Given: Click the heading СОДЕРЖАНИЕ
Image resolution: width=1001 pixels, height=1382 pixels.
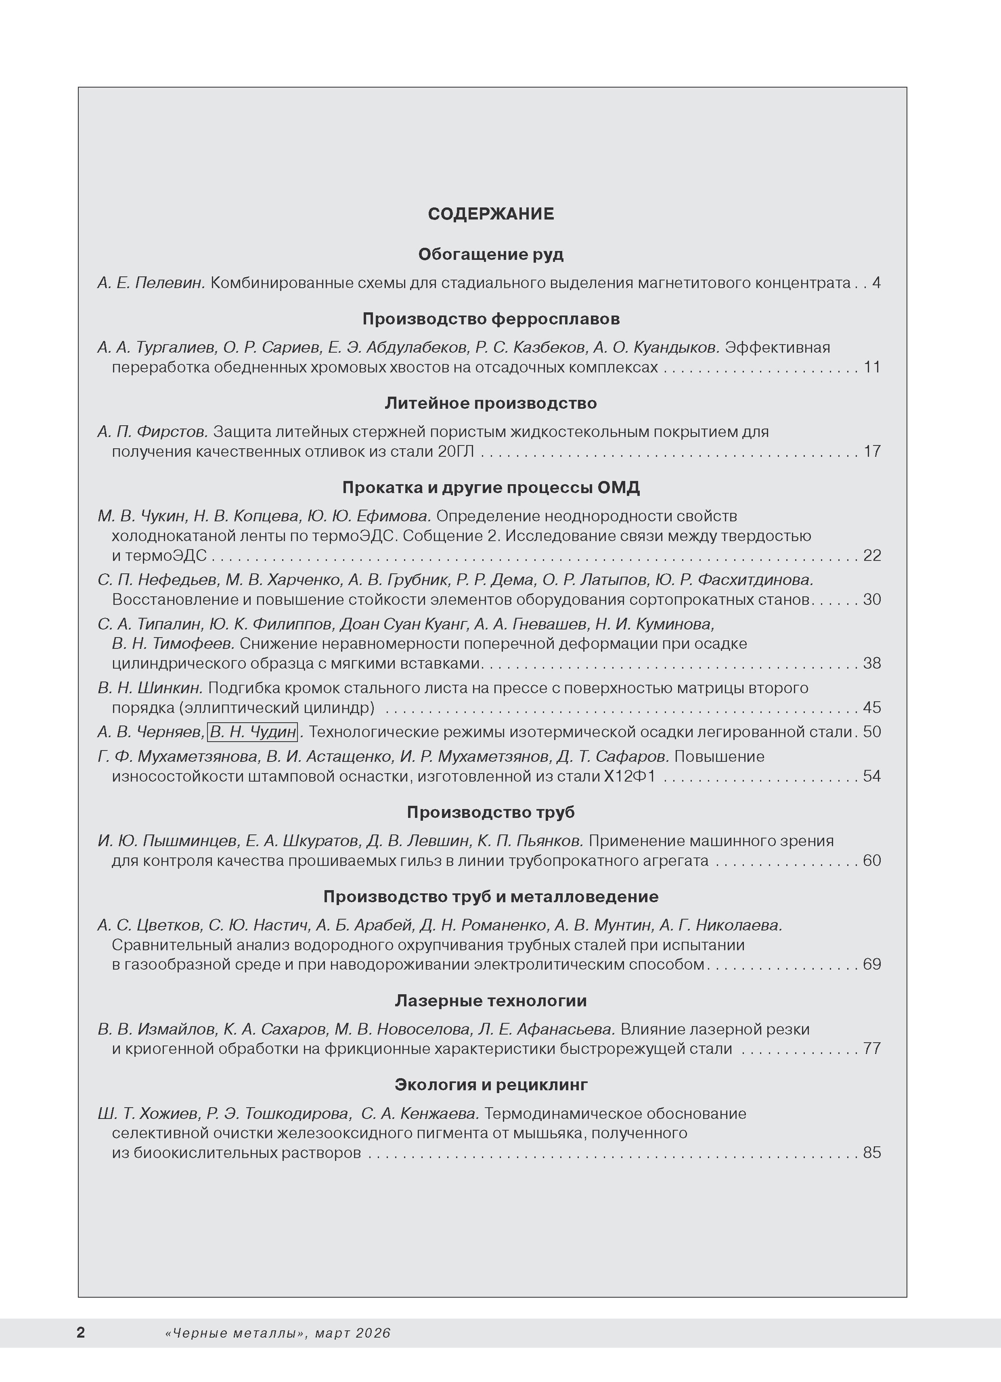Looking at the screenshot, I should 491,214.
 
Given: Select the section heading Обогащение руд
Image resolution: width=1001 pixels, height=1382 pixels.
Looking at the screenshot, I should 491,254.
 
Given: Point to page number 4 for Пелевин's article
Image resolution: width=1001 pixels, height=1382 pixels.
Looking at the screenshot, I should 876,283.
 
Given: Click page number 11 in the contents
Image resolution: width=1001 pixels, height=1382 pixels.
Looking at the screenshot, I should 872,367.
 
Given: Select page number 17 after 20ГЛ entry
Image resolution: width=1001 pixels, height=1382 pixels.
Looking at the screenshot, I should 872,451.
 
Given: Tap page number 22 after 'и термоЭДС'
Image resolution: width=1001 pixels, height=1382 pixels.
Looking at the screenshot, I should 872,555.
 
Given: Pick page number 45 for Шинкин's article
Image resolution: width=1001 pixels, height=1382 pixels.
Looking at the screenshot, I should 872,707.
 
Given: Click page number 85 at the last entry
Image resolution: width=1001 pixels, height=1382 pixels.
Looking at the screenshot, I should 872,1152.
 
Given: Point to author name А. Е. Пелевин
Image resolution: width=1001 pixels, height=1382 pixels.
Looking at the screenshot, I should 152,283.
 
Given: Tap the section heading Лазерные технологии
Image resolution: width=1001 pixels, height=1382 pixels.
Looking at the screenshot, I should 491,1001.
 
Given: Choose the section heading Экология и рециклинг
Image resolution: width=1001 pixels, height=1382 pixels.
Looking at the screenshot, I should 491,1085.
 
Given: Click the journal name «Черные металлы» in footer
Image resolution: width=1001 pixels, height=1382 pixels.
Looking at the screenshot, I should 235,1333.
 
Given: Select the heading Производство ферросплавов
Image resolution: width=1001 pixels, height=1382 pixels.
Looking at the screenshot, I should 491,319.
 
